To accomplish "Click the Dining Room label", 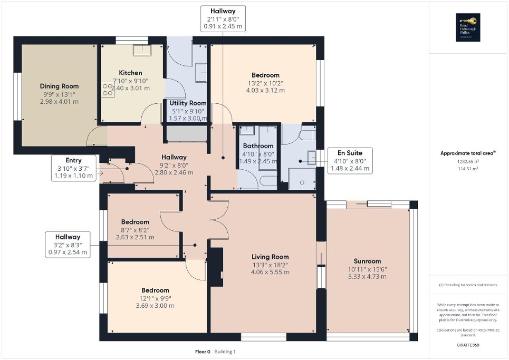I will tap(59, 86).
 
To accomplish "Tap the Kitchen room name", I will tap(130, 73).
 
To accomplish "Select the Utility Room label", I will tap(188, 103).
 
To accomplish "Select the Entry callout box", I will tap(73, 169).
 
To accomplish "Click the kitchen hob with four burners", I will tap(107, 89).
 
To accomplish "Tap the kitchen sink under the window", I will tap(141, 50).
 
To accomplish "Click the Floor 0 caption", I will tap(203, 352).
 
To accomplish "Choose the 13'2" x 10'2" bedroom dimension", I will tap(265, 83).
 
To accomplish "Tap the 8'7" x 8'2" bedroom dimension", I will tap(135, 230).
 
